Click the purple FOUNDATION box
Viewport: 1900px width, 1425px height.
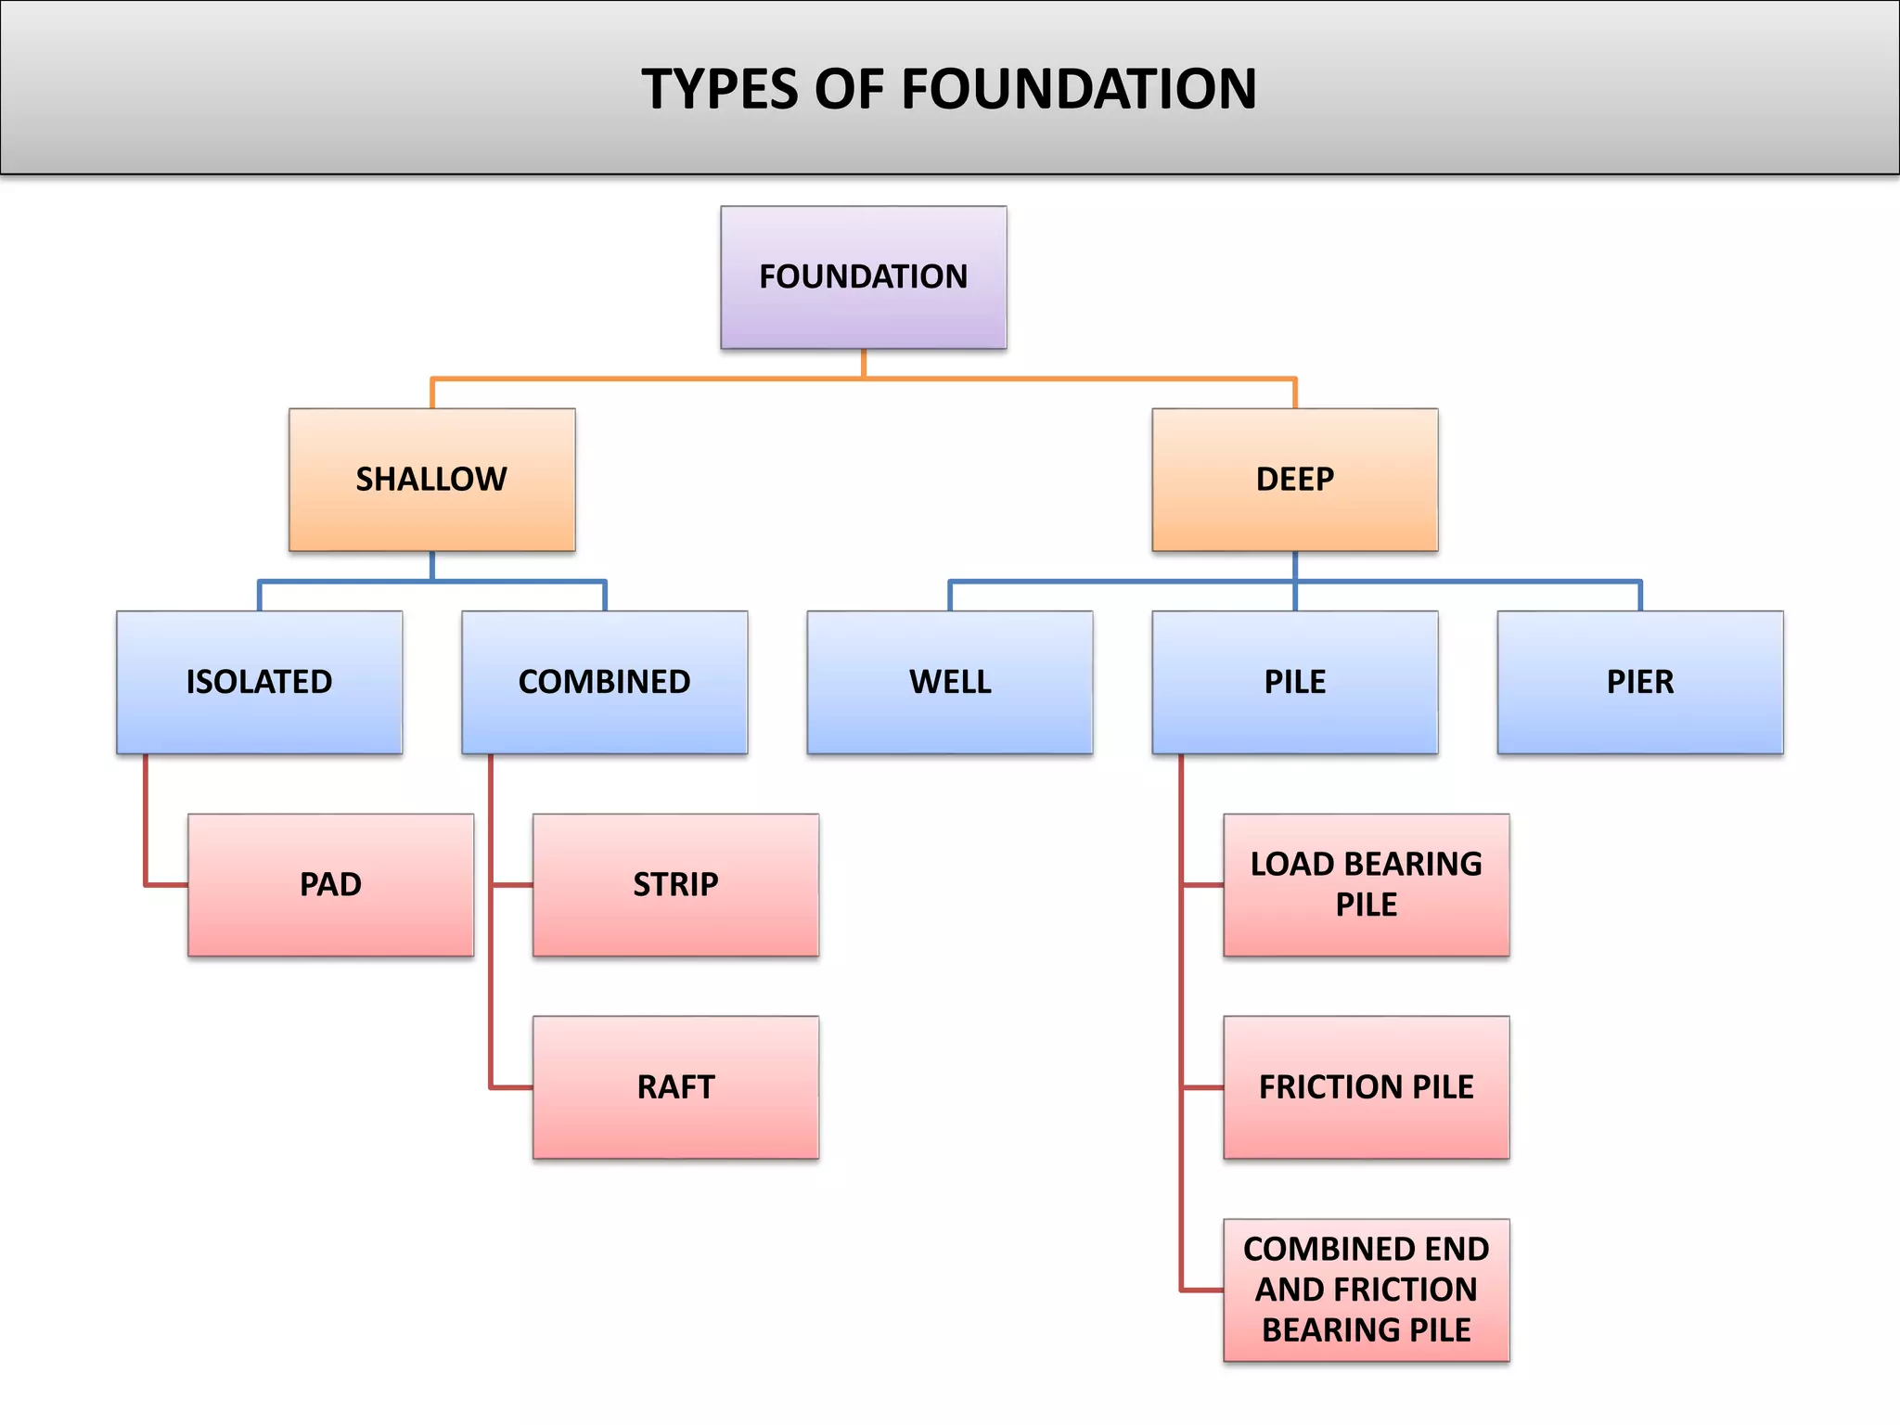pos(863,277)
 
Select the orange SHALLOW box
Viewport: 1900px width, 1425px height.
pos(431,480)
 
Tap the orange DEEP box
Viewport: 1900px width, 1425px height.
pos(1294,480)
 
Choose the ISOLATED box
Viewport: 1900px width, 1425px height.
pos(259,682)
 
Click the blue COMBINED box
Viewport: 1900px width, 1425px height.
pos(604,682)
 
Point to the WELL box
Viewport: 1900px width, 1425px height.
pos(949,682)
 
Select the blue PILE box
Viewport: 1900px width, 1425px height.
pos(1294,682)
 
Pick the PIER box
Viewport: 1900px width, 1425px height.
pos(1639,682)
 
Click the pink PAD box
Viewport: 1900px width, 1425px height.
pos(330,885)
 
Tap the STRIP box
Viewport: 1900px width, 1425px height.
pos(675,885)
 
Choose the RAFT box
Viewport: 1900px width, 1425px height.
pos(675,1087)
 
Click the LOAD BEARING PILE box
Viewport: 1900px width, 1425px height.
pos(1366,885)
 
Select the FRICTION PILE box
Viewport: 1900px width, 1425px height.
pos(1366,1087)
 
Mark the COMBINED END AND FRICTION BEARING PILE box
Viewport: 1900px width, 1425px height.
pos(1366,1290)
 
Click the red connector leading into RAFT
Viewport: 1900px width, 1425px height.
pos(510,1087)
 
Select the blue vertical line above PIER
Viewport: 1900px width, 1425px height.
pos(1640,596)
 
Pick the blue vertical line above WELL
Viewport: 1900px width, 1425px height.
pos(950,596)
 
